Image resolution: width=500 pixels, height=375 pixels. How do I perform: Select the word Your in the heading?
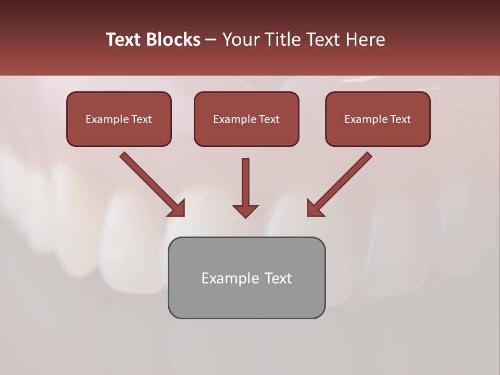pos(241,40)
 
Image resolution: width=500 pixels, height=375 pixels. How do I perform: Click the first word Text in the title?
pos(124,40)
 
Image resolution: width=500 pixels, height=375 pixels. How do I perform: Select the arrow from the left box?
pos(151,183)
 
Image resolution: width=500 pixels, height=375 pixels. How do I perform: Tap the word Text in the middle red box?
pos(269,119)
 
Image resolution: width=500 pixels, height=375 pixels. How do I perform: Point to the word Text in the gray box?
pos(278,278)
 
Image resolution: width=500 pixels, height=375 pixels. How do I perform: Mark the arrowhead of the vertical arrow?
pos(245,210)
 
